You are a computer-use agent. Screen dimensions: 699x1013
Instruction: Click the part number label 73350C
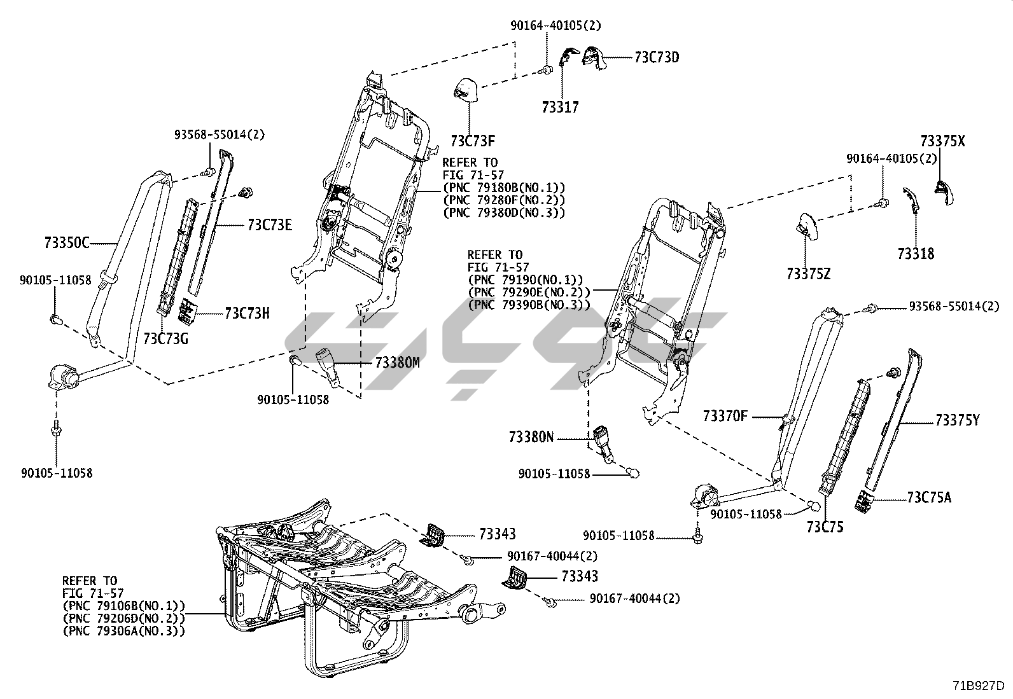click(x=67, y=242)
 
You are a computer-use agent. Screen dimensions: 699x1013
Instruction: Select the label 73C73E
click(x=270, y=225)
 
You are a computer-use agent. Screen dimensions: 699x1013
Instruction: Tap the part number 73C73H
click(x=247, y=313)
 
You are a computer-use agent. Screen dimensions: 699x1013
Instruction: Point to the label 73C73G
click(x=165, y=338)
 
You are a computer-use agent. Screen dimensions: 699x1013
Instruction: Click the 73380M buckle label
click(x=397, y=363)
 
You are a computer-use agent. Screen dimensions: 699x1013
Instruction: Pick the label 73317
click(x=561, y=107)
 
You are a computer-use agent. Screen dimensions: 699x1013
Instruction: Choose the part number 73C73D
click(x=656, y=57)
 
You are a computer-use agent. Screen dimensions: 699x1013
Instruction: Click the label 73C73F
click(x=473, y=140)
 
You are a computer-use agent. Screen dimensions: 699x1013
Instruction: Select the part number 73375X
click(x=942, y=141)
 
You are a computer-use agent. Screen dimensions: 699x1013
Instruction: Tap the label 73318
click(x=916, y=254)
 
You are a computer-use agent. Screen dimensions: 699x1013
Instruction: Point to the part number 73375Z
click(x=808, y=274)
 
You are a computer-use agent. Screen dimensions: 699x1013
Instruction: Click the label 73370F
click(x=725, y=417)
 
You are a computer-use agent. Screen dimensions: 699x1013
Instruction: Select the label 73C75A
click(x=929, y=497)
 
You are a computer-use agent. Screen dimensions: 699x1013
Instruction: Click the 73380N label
click(x=531, y=437)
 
